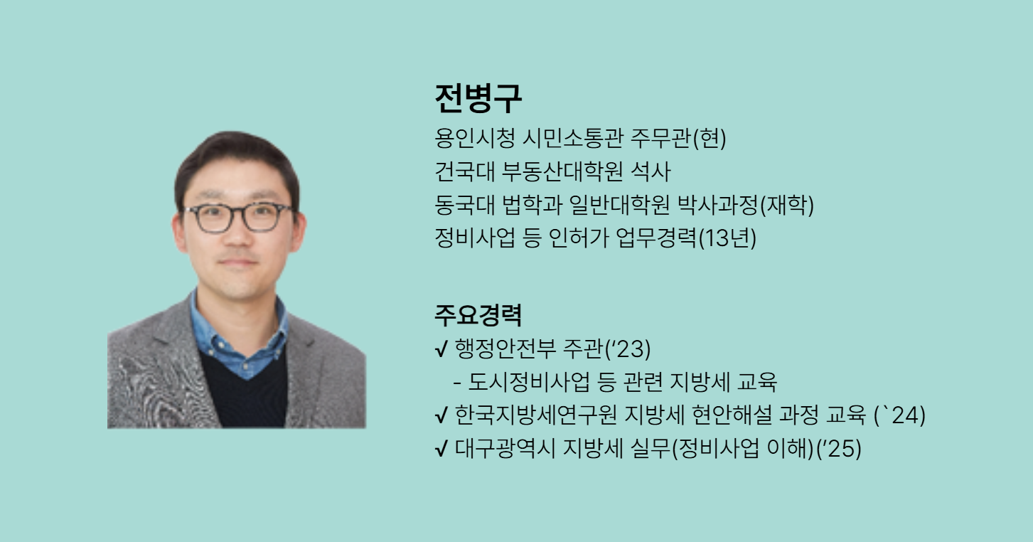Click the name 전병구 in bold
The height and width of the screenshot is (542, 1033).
coord(478,98)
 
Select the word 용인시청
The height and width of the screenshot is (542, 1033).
coord(474,138)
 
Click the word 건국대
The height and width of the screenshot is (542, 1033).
coord(464,171)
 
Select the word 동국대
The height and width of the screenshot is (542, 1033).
coord(464,204)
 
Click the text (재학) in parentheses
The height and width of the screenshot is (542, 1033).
coord(787,205)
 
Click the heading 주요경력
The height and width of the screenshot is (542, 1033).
coord(478,315)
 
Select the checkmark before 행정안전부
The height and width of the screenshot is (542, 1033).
coord(441,349)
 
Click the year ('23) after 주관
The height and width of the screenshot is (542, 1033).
coord(628,349)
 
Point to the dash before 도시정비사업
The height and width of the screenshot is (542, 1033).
coord(457,383)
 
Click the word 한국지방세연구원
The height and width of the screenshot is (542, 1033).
coord(536,415)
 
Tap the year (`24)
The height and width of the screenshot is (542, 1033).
coord(900,415)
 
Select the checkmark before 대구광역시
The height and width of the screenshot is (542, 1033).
coord(441,449)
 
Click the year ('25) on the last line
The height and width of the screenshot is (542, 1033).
coord(839,449)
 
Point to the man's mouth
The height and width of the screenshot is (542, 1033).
coord(238,262)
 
